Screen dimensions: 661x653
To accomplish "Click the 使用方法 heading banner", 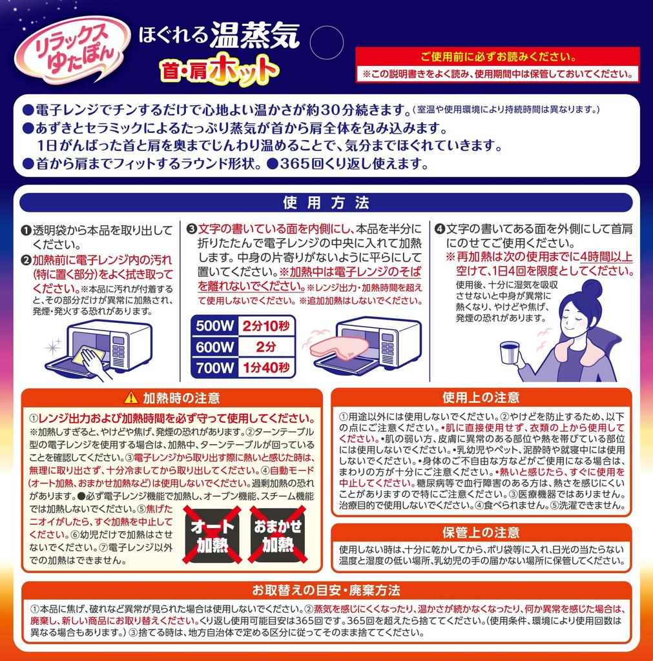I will tap(326, 203).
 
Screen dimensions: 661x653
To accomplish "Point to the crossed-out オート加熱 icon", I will tap(213, 536).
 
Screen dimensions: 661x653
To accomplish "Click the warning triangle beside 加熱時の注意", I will tap(131, 397).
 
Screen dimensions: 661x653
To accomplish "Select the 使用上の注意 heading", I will tap(481, 397).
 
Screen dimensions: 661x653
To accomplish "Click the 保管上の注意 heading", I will tap(481, 533).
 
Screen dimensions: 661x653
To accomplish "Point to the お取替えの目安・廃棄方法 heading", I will tap(326, 590).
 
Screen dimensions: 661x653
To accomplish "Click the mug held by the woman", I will tap(510, 354).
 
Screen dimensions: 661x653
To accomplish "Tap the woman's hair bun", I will tap(592, 288).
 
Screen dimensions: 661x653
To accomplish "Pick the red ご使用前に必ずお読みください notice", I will tap(497, 56).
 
